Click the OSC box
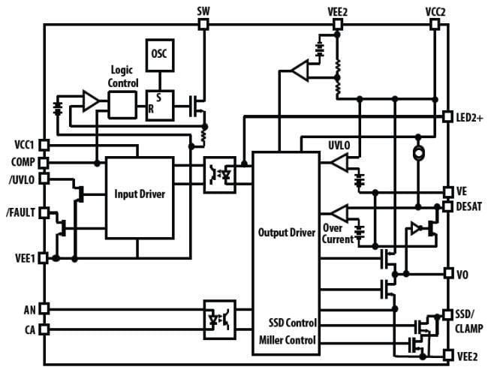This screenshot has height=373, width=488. click(x=159, y=55)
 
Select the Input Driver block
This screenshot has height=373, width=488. click(x=139, y=194)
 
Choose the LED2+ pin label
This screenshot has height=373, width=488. click(x=471, y=117)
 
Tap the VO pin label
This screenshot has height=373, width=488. click(x=462, y=274)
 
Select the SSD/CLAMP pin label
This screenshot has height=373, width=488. click(x=470, y=321)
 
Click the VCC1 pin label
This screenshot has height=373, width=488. click(x=24, y=145)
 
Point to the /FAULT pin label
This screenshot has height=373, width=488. click(x=20, y=213)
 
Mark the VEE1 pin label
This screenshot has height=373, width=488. click(x=24, y=257)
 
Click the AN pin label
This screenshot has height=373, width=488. click(x=29, y=308)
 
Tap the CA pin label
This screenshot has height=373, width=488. click(x=29, y=328)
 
